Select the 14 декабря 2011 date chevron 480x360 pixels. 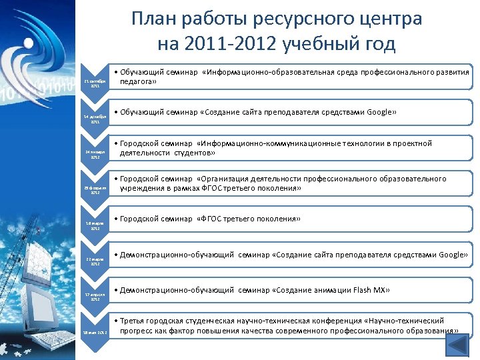[94, 119]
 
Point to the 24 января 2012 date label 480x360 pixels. [94, 155]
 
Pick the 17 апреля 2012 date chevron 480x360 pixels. [94, 295]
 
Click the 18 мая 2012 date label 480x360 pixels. [94, 331]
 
